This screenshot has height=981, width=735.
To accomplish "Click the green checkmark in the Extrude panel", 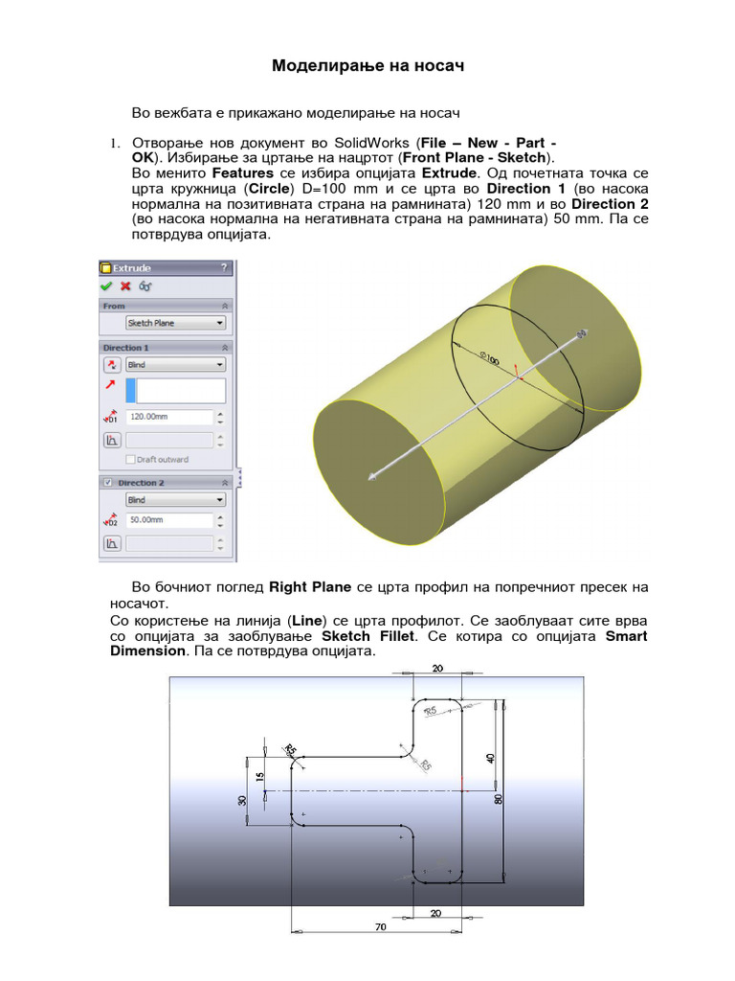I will click(x=107, y=285).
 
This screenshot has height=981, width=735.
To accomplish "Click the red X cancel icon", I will click(x=125, y=285).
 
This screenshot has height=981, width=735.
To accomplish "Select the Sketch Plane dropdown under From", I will click(x=176, y=324).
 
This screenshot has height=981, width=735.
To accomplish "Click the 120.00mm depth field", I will click(x=168, y=418).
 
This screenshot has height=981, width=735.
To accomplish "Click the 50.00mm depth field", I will click(x=168, y=520).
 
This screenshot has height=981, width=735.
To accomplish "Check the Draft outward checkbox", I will click(x=131, y=460).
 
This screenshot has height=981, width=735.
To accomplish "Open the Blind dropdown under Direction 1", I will click(x=176, y=365).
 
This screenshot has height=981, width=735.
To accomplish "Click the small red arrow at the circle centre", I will click(x=517, y=370).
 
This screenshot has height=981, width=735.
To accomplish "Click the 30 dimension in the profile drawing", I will click(x=243, y=800).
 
